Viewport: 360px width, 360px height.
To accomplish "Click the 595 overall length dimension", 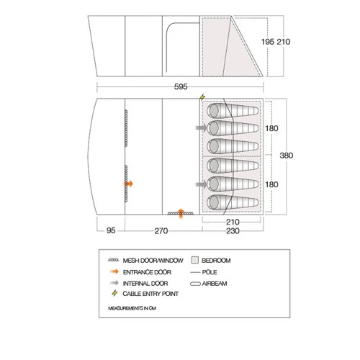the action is click(181, 86).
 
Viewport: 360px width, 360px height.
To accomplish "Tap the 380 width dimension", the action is click(287, 156).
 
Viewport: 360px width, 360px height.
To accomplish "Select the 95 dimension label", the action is click(111, 230).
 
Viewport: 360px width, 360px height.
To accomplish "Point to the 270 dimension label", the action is click(161, 231).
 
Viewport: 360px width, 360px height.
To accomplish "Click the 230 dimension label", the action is click(233, 231).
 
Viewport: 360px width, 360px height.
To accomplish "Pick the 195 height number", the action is click(268, 42).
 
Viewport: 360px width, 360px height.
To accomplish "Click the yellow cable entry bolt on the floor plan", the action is click(202, 97).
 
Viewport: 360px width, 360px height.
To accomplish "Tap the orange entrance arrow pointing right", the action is click(128, 184).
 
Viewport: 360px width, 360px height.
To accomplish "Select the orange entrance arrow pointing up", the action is click(181, 214).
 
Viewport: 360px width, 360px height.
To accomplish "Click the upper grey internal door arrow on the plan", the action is click(201, 127).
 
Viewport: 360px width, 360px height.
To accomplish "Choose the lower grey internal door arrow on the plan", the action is click(201, 184).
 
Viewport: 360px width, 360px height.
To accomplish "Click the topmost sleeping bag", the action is click(233, 111).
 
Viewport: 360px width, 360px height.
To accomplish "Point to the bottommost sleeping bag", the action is click(233, 202).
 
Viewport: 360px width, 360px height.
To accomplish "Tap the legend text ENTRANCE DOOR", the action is click(147, 272).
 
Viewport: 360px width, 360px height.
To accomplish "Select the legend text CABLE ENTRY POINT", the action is click(150, 294).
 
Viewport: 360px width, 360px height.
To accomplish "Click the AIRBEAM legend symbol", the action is click(195, 284).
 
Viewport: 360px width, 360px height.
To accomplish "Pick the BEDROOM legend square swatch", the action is click(195, 260).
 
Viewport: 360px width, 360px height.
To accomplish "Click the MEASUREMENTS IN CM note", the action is click(132, 308).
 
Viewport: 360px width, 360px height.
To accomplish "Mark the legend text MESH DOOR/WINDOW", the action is click(153, 261).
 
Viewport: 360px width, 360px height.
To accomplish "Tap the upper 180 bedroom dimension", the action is click(271, 128).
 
